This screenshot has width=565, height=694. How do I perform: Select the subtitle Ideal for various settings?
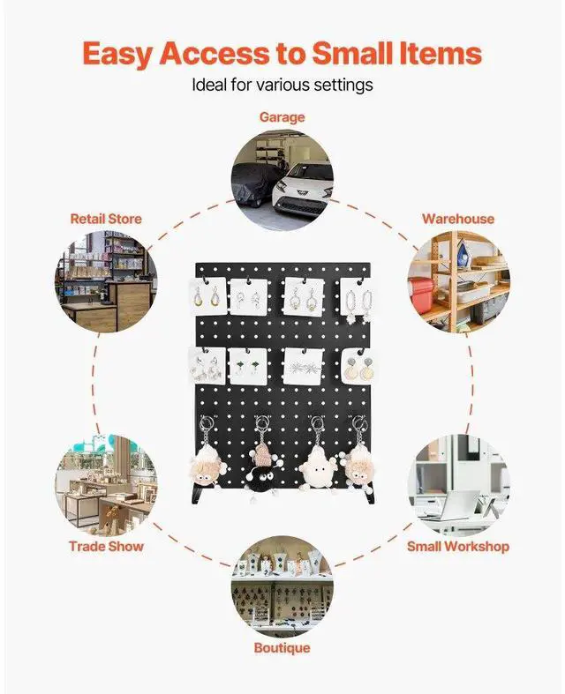click(x=282, y=86)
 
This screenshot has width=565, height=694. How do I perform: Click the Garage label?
click(x=282, y=116)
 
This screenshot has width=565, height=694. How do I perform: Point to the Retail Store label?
click(x=106, y=218)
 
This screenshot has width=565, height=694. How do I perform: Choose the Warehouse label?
click(x=457, y=218)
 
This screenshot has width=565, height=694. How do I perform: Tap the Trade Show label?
click(x=106, y=546)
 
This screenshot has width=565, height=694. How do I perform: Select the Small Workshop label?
click(x=457, y=546)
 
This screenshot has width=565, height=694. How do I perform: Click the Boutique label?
click(x=282, y=648)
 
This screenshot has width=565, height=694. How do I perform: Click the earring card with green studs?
click(x=249, y=364)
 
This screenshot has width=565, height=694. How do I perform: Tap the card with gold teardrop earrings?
click(x=208, y=297)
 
